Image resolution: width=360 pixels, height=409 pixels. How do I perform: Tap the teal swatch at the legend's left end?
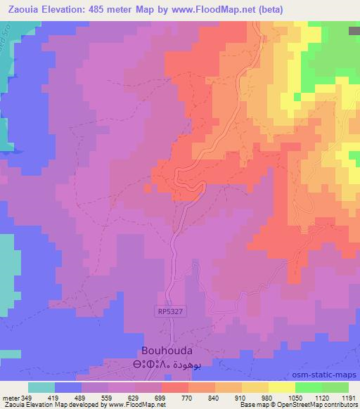pos(41,387)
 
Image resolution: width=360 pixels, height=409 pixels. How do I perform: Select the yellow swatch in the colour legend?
pos(282,387)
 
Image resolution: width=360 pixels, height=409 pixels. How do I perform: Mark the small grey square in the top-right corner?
pos(354,31)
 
